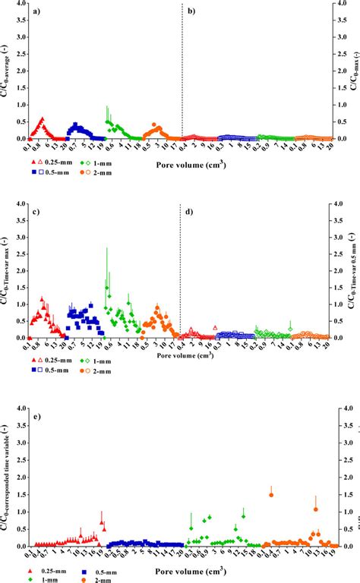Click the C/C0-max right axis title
[x=353, y=76]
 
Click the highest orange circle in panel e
[x=271, y=494]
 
